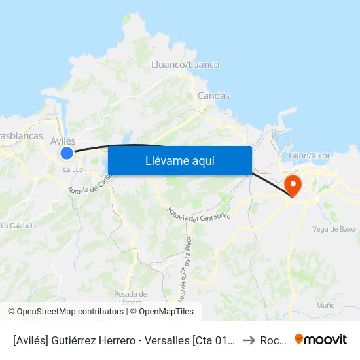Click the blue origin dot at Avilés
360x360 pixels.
coord(67,153)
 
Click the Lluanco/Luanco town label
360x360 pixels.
coord(185,65)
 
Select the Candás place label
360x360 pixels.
coord(214,96)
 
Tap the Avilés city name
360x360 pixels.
coord(63,141)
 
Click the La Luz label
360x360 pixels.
coord(72,170)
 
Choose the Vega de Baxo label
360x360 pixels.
coord(334,229)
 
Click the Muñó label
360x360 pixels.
coord(325,305)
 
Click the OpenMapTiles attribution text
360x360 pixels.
coord(164,312)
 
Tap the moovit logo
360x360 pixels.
coord(321,340)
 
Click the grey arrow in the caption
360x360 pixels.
coord(247,340)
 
